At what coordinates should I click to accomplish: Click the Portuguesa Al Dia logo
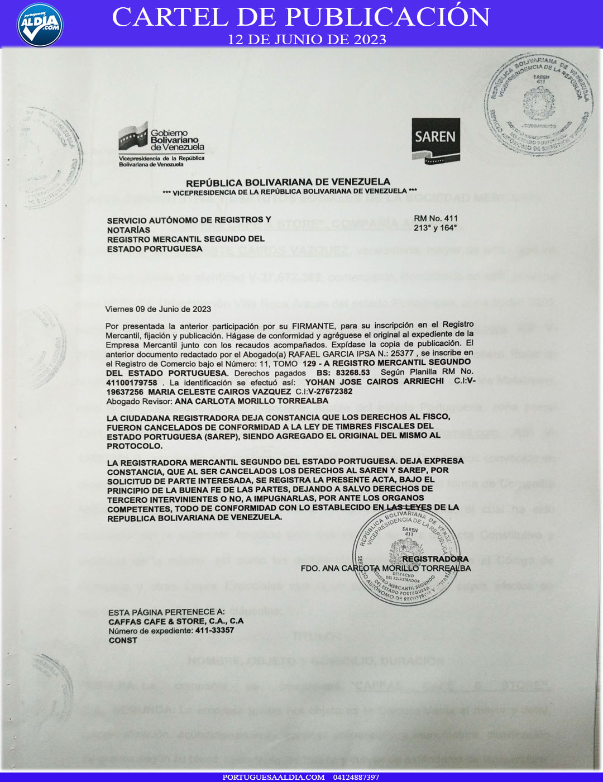(40, 25)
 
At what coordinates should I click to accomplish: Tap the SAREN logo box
(435, 140)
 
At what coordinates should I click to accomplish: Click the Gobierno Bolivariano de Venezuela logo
(161, 144)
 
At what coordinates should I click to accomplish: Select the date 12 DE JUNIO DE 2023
(307, 40)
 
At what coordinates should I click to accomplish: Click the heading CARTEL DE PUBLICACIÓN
(301, 17)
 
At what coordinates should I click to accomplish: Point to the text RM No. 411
(435, 218)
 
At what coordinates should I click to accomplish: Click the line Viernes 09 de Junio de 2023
(158, 309)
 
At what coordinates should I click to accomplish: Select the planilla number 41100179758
(132, 383)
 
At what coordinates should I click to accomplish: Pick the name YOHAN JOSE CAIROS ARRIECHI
(374, 382)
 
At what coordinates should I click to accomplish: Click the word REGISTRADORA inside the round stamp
(435, 559)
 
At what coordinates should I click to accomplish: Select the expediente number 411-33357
(214, 631)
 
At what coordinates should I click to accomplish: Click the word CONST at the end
(123, 640)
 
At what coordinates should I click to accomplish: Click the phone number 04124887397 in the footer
(356, 777)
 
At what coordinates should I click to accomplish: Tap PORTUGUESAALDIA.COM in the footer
(273, 777)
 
